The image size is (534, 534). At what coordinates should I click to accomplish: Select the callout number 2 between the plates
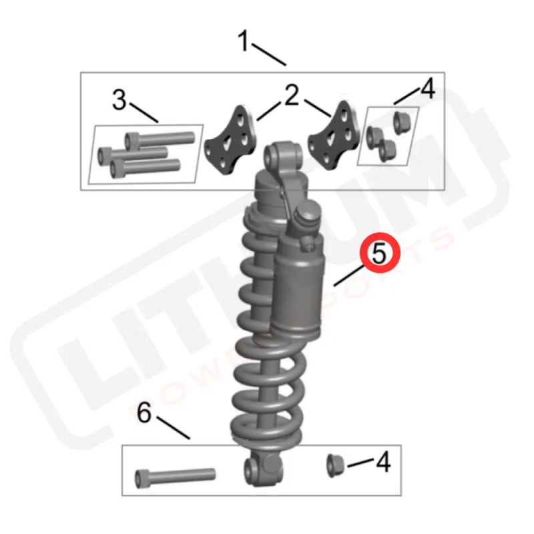[291, 97]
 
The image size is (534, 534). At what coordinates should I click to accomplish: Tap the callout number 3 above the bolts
[119, 101]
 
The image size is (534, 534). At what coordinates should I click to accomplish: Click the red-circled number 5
[379, 254]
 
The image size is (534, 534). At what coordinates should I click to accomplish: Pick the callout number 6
[144, 414]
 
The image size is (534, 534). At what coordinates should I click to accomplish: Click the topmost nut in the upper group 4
[402, 121]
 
